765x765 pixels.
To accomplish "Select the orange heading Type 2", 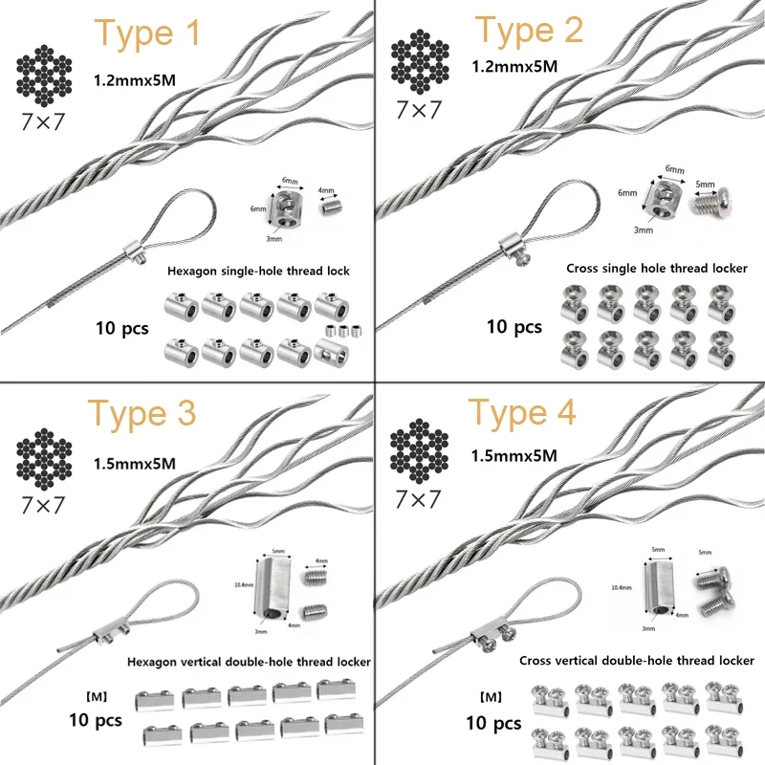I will click(x=528, y=32).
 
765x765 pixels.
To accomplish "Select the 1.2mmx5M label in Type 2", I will click(x=514, y=67).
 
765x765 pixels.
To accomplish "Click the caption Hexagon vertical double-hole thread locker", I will click(x=249, y=661).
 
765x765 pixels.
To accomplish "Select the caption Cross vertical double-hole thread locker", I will click(x=637, y=660).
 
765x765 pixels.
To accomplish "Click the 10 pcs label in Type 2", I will click(x=514, y=326).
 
